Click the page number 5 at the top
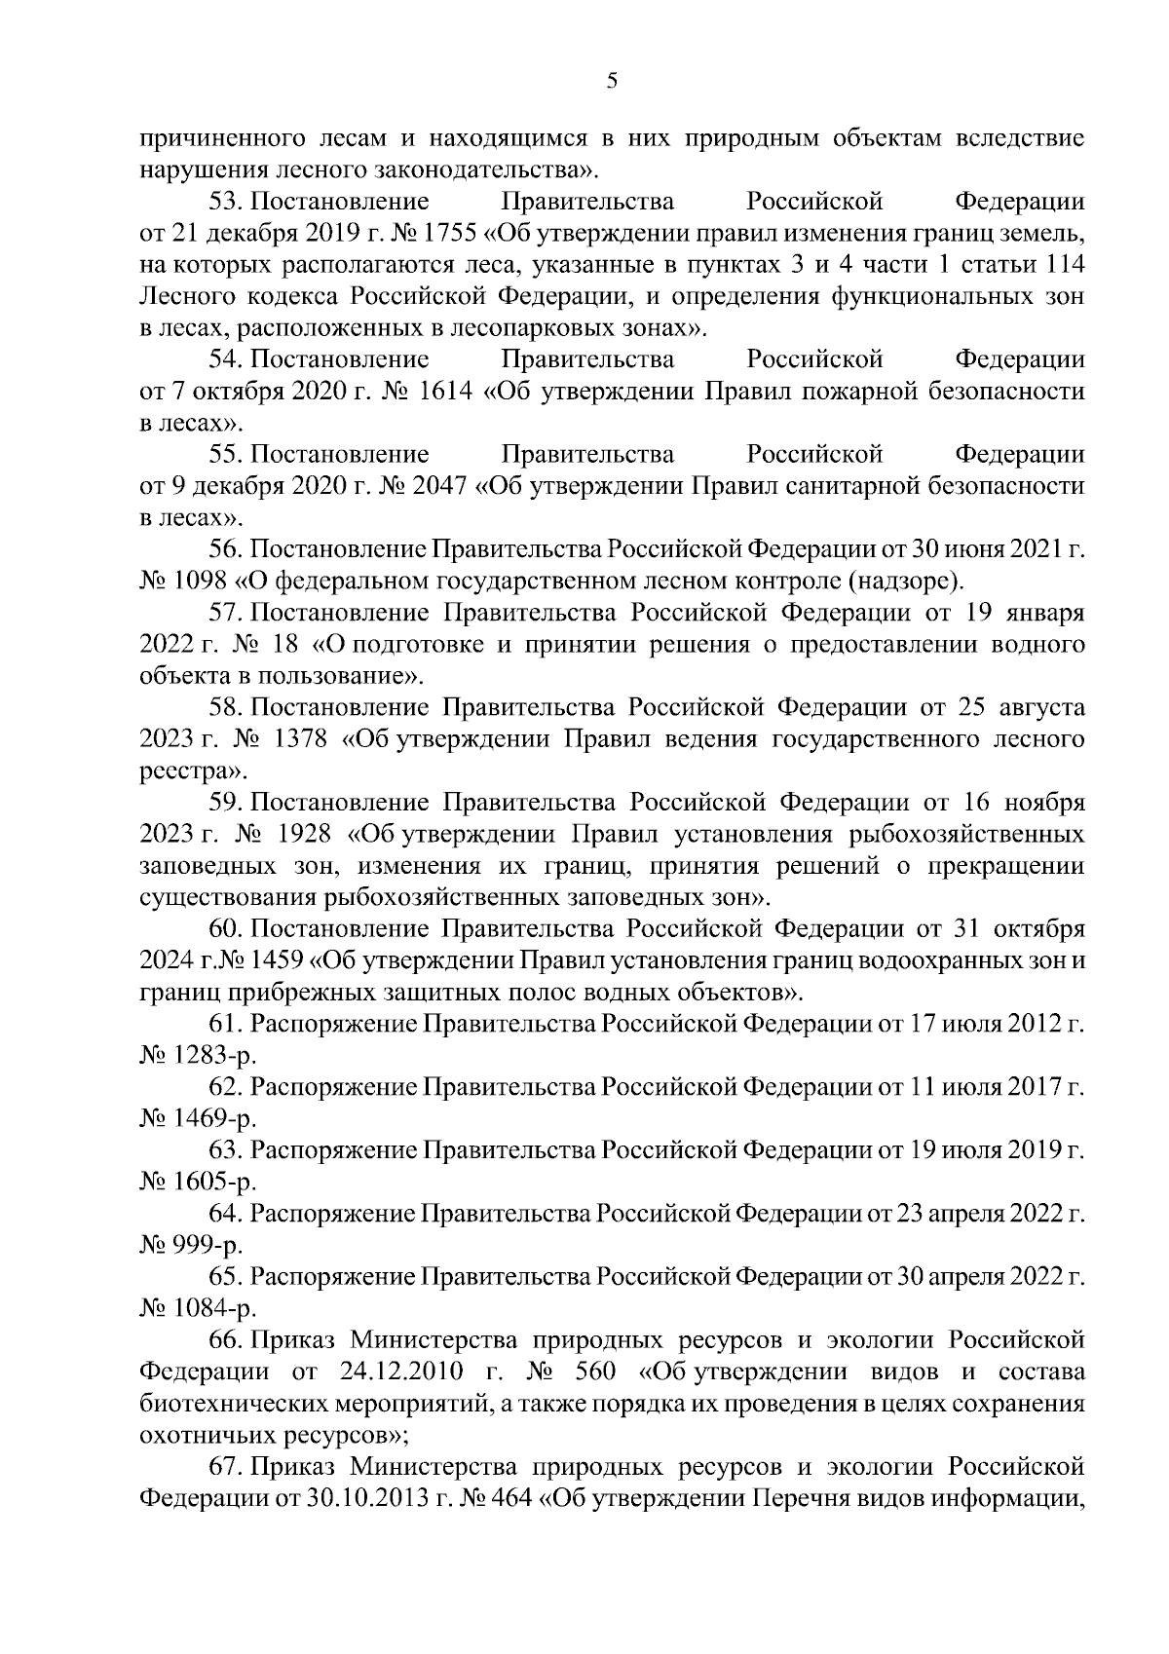tap(611, 82)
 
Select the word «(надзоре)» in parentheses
tap(904, 582)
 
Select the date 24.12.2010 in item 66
tap(397, 1372)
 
